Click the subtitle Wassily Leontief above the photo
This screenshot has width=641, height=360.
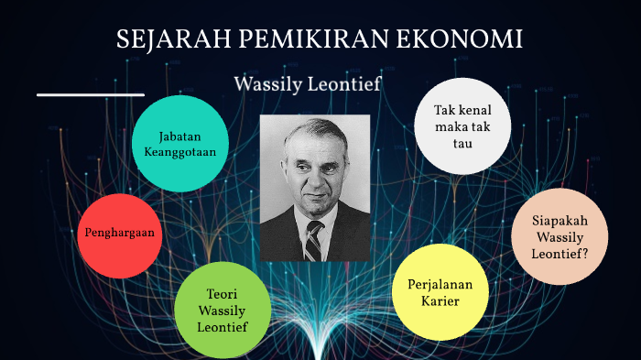(320, 83)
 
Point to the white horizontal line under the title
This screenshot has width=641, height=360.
(91, 94)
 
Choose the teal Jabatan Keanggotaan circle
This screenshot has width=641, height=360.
(180, 145)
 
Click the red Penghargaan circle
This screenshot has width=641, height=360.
(119, 235)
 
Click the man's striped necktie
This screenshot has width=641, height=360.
(314, 240)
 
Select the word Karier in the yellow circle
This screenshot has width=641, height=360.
(440, 301)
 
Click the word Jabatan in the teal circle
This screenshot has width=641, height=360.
(180, 136)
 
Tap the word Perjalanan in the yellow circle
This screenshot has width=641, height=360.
(440, 285)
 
